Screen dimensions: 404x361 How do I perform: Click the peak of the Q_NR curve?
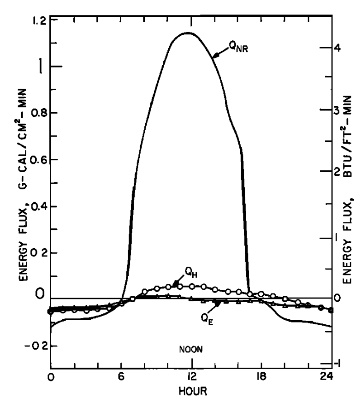(187, 33)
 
